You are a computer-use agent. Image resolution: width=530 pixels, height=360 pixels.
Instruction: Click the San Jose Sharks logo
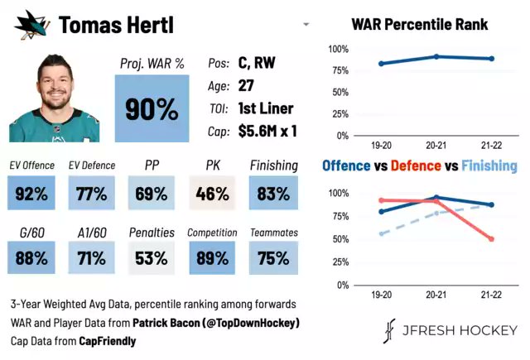(x=32, y=25)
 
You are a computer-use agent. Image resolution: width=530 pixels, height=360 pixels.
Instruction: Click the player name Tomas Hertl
(x=116, y=25)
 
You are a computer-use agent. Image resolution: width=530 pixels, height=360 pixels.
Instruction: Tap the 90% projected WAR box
(x=152, y=108)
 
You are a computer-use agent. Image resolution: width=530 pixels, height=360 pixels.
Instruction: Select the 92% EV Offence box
(x=31, y=193)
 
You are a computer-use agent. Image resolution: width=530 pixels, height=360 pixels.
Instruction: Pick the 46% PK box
(x=212, y=193)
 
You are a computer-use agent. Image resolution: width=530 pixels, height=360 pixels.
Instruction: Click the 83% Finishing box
(x=273, y=193)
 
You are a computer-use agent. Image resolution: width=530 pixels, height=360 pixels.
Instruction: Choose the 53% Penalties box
(x=152, y=257)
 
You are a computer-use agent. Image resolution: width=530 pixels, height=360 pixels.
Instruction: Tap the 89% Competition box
(x=212, y=257)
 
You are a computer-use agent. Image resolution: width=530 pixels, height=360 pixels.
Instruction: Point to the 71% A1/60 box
(x=91, y=257)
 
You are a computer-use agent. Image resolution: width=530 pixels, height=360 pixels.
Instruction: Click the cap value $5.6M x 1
(x=267, y=131)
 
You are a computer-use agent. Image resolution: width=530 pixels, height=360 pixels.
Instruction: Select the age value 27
(x=246, y=85)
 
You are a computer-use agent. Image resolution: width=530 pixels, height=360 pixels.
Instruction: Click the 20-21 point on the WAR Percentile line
(x=436, y=56)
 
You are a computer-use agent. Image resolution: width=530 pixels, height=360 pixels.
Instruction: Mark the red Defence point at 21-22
(x=491, y=239)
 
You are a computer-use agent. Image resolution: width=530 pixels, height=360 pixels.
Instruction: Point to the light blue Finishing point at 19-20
(x=382, y=233)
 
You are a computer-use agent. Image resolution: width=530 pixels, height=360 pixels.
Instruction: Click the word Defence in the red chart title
(x=416, y=166)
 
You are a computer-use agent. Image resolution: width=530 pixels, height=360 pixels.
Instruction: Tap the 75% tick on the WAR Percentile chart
(x=340, y=70)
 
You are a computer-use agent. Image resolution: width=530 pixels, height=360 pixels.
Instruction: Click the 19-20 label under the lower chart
(x=381, y=295)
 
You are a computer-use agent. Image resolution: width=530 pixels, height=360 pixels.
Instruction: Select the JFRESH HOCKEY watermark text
(x=460, y=330)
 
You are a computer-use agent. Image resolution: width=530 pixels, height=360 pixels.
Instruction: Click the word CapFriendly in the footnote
(x=108, y=341)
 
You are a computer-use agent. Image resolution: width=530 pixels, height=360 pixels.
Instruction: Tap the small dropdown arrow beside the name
(x=306, y=24)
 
